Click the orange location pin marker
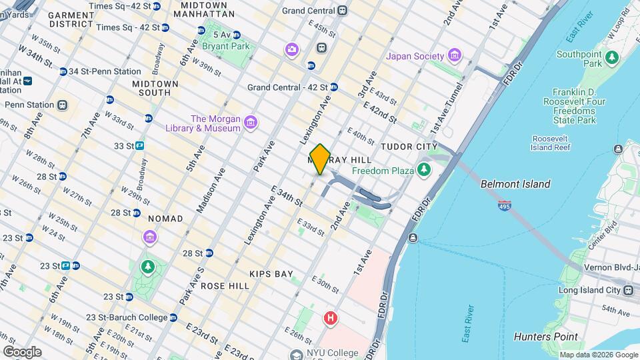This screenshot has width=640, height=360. pos(320,159)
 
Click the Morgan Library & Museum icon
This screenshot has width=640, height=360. pos(251,123)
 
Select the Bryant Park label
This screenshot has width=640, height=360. pos(227,46)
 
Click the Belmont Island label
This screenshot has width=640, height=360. pos(515,184)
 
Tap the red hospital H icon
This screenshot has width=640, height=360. pos(330,319)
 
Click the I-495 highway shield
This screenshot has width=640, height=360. pos(505,206)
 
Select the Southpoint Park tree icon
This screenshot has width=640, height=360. pos(612,59)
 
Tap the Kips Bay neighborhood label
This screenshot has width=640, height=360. pos(271,274)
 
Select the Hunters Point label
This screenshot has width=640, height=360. pos(546,337)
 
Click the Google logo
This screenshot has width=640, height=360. pos(21,352)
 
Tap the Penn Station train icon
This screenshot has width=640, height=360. pos(63,105)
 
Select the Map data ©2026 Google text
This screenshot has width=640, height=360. pos(598,355)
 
